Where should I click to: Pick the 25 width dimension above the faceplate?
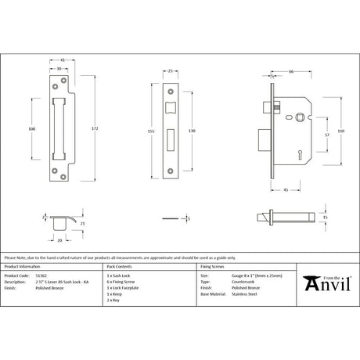coord(170,72)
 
